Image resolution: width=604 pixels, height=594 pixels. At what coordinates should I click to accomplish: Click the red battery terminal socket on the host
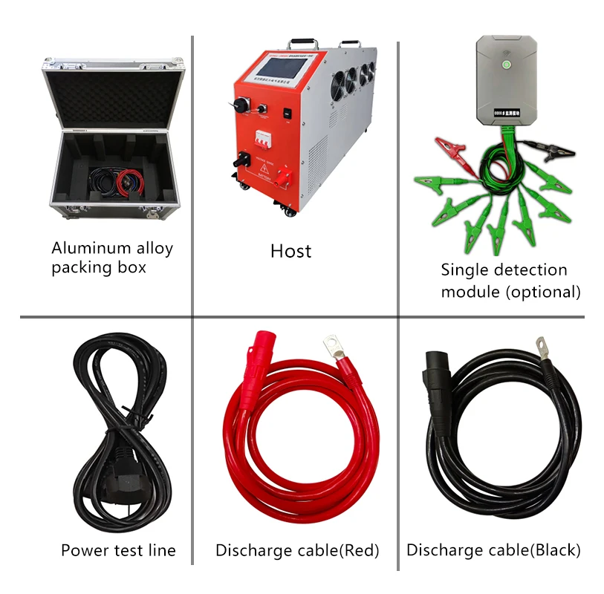tap(283, 177)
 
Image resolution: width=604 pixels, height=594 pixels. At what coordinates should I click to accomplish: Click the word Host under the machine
tap(290, 252)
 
